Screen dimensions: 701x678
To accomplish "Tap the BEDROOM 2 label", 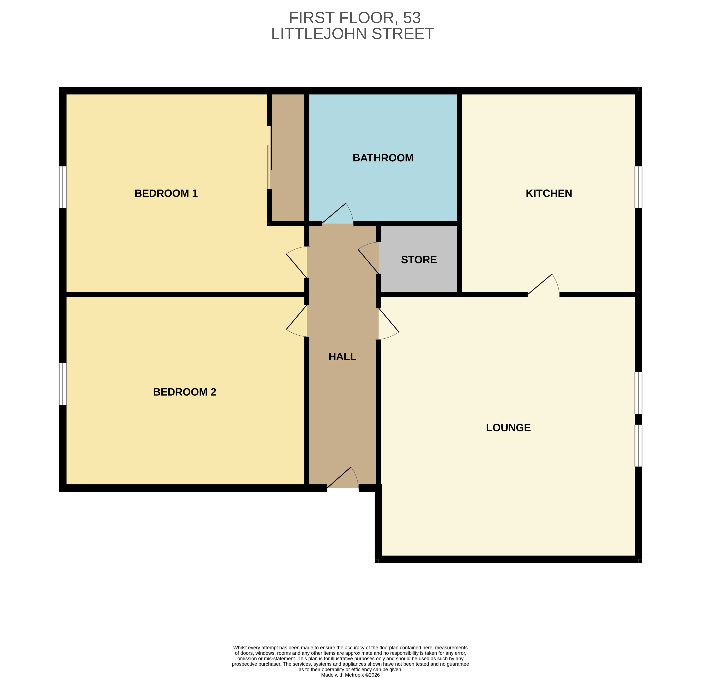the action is [x=184, y=392].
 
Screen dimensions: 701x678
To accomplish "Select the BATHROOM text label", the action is [x=383, y=158].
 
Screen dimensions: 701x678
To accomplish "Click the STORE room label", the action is [x=419, y=260].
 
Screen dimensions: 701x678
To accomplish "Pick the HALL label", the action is [x=342, y=357].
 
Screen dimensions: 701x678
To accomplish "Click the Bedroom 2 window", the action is [x=63, y=384].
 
